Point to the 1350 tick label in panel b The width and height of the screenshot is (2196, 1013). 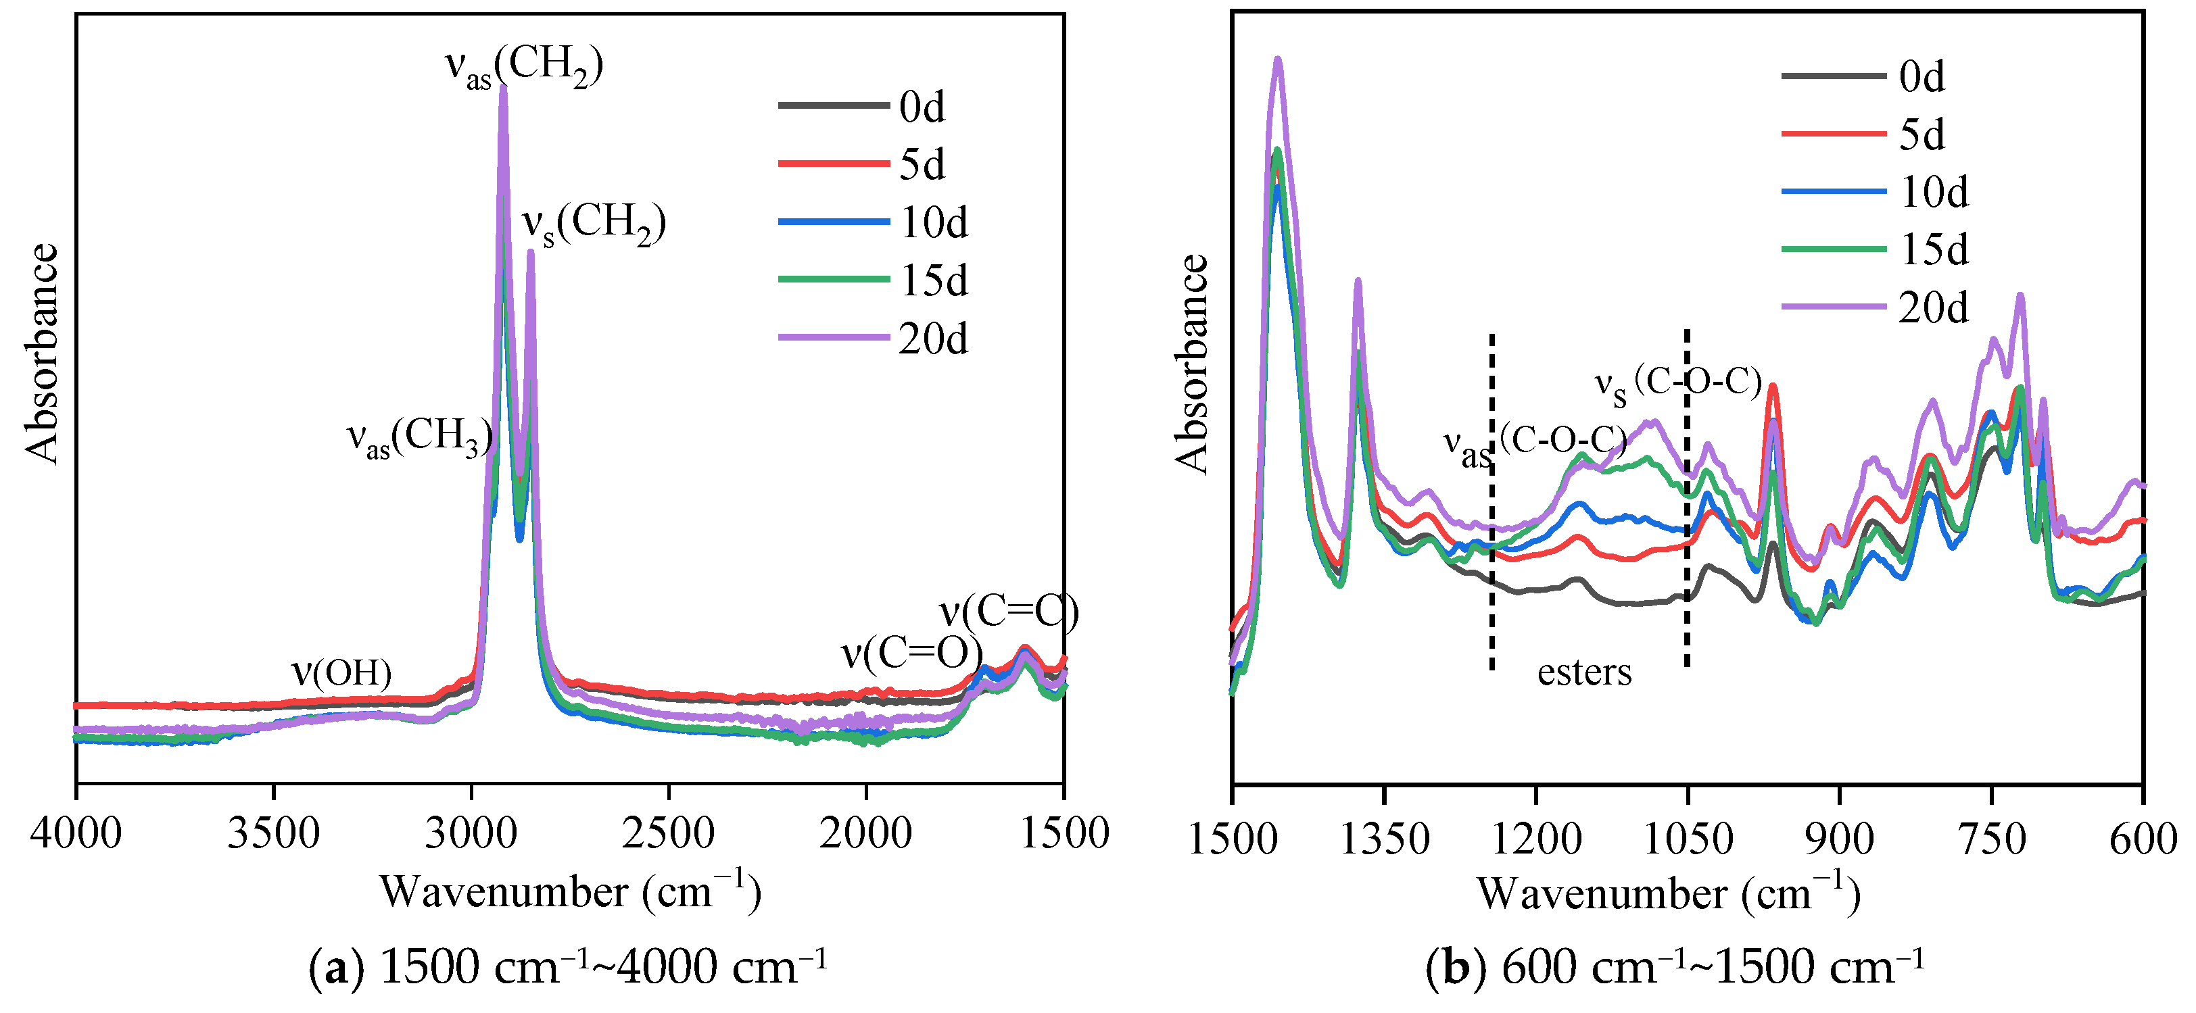(1385, 839)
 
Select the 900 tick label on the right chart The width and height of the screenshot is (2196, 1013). (1839, 839)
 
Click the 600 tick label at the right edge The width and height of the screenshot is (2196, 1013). (2143, 839)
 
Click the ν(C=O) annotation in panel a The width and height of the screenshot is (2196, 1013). (911, 654)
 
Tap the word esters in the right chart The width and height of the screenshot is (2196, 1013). (1584, 673)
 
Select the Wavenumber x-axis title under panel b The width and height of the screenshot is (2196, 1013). (1669, 893)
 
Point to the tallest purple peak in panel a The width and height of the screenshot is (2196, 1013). (503, 89)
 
